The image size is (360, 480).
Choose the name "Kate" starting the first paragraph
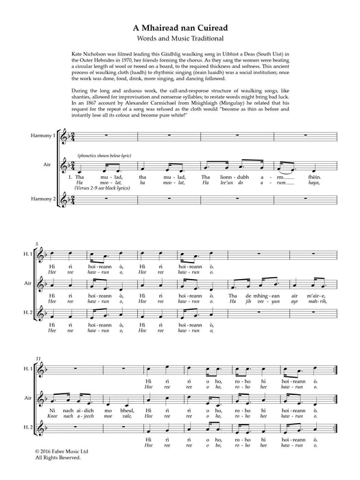pyautogui.click(x=77, y=53)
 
